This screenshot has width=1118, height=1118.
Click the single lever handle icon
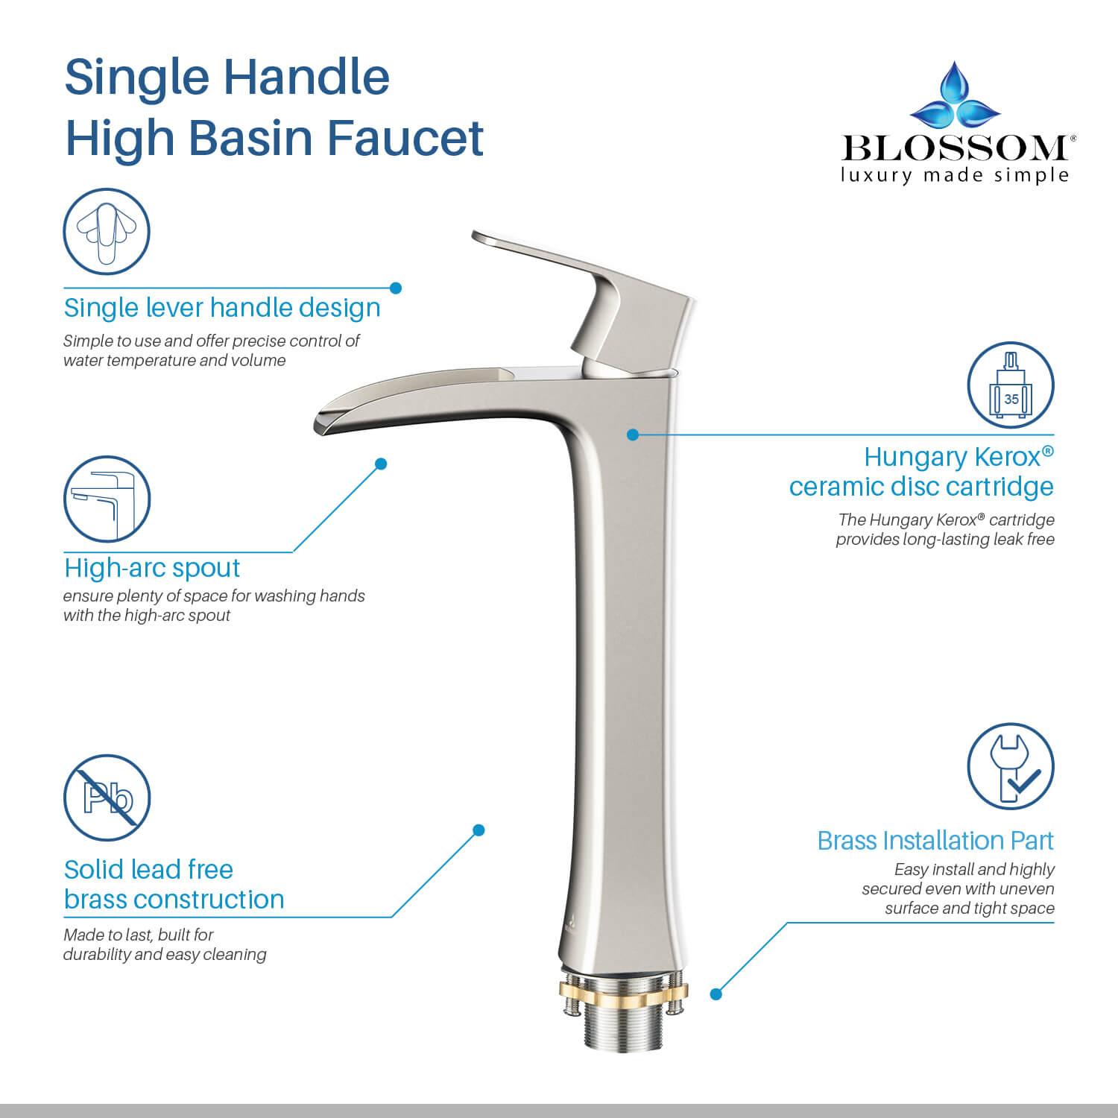point(107,232)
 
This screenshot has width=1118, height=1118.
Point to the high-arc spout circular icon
point(107,499)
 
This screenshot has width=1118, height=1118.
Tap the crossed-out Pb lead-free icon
point(107,798)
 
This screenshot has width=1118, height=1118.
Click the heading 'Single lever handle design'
point(222,307)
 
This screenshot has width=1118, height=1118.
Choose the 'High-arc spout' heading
point(152,568)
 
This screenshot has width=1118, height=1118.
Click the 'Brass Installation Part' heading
point(935,840)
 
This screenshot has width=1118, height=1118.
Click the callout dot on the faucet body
point(632,434)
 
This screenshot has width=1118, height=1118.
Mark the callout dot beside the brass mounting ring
point(716,994)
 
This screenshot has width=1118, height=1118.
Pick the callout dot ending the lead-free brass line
point(479,830)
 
